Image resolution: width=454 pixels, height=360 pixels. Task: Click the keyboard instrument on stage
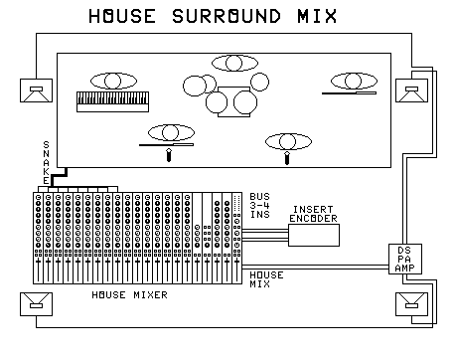point(110,99)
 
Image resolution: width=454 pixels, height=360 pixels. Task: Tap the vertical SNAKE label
point(45,161)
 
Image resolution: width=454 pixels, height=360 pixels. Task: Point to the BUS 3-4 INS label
point(259,205)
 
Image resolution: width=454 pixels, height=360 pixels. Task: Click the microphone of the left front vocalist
point(169,153)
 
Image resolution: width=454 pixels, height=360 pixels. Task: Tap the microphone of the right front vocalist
point(287,154)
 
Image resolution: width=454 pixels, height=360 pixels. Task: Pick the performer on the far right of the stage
point(355,81)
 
